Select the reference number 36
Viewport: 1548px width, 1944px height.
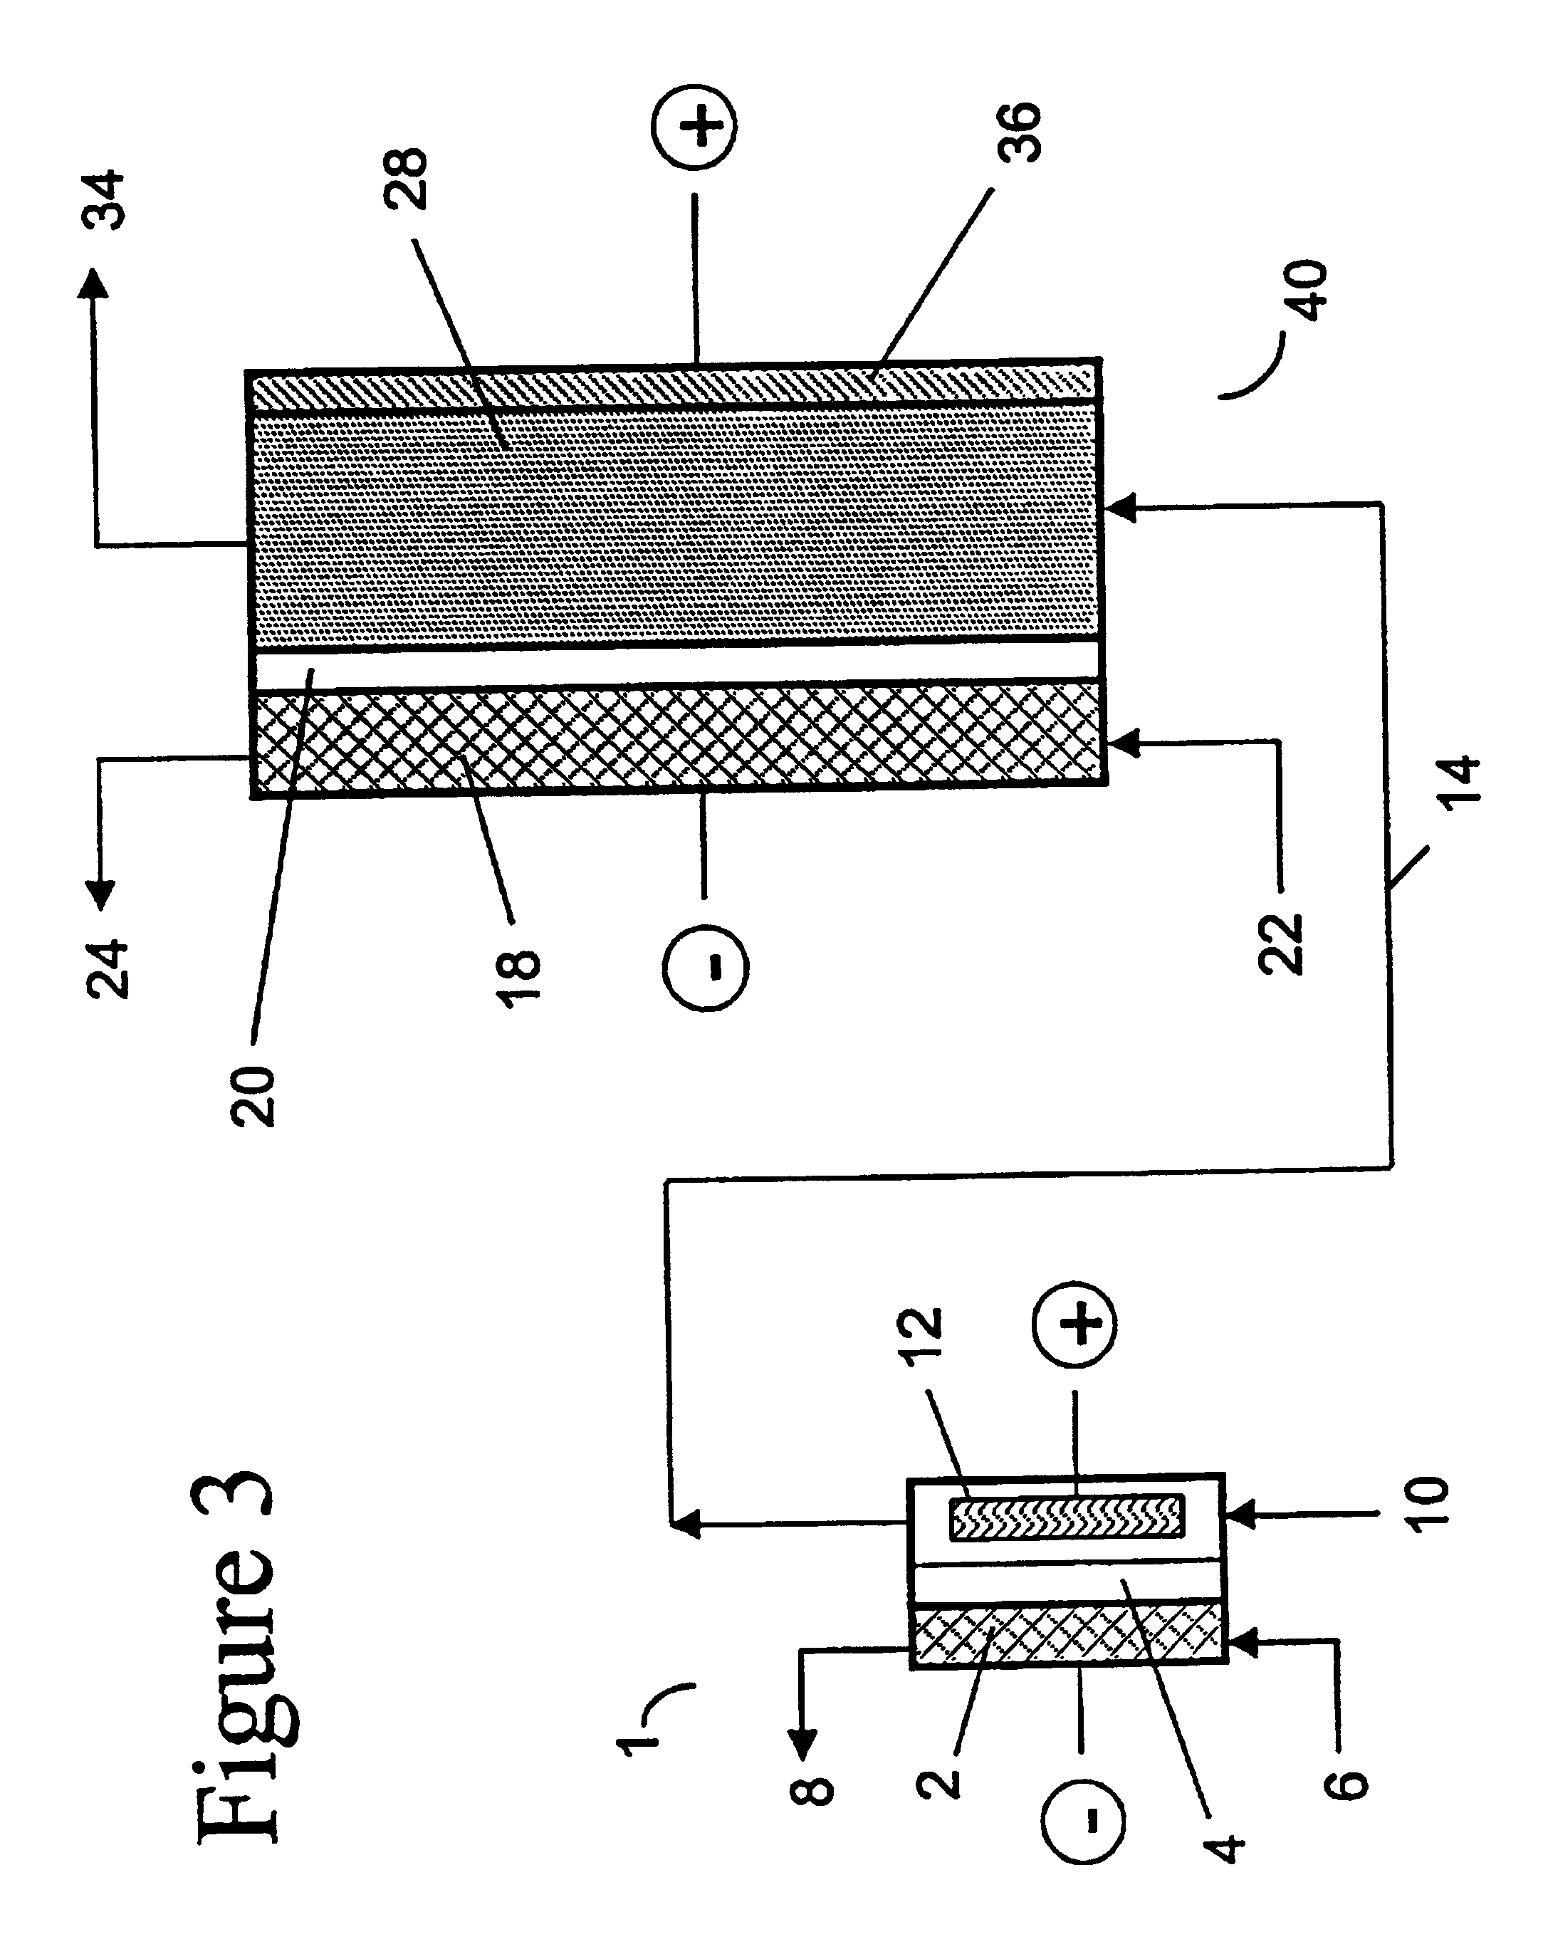tap(1019, 132)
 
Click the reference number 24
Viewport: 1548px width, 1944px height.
tap(108, 969)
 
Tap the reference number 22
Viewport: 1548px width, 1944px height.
tap(1281, 944)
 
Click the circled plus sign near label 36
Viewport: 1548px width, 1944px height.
tap(694, 125)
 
